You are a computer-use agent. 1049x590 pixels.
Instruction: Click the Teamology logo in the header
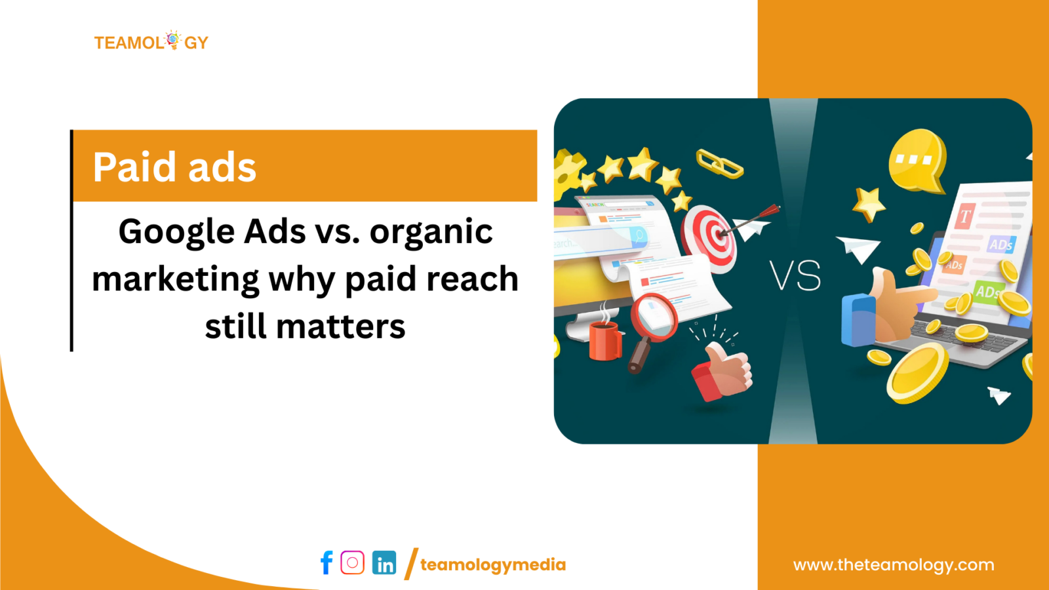point(151,42)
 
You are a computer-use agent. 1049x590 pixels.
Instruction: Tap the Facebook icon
point(327,562)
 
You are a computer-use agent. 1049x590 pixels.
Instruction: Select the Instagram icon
point(353,562)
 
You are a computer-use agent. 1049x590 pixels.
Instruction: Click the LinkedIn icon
point(384,563)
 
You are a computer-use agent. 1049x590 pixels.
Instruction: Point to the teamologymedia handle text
point(493,564)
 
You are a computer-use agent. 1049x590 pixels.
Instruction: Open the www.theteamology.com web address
point(894,564)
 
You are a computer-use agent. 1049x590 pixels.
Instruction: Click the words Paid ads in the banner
point(174,167)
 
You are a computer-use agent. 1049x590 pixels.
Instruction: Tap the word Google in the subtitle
point(176,232)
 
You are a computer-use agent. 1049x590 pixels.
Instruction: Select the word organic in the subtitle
point(431,232)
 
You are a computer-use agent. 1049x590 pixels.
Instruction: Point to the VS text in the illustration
point(795,275)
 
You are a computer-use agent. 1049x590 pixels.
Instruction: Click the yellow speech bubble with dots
point(917,160)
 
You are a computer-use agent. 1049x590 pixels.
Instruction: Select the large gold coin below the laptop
point(917,372)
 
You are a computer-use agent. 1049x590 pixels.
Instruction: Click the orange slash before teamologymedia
point(411,564)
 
